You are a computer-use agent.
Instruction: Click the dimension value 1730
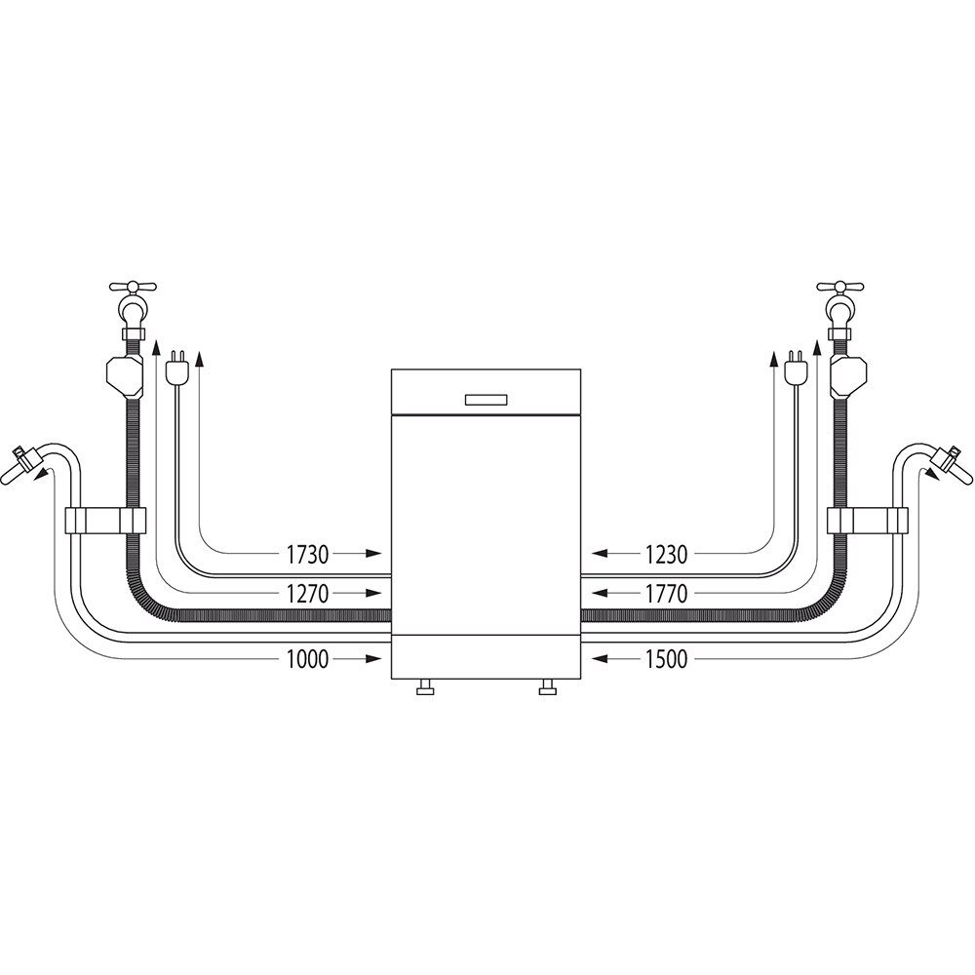307,555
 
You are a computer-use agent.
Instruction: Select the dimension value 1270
307,593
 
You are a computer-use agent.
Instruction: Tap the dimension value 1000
307,660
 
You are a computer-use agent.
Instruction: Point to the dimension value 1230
666,555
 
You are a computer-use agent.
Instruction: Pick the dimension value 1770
666,593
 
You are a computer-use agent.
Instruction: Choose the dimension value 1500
666,660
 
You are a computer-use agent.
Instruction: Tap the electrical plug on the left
177,370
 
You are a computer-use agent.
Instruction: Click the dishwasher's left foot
425,690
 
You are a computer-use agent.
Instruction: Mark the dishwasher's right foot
548,690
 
